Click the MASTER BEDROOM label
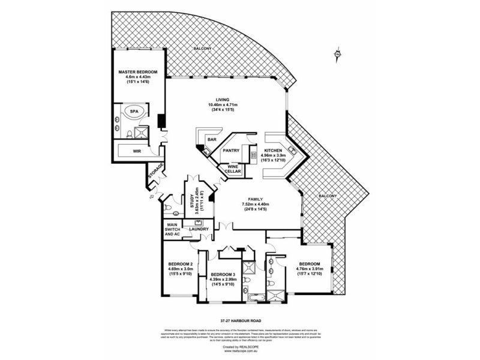point(137,72)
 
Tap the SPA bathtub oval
point(132,112)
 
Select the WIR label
point(137,152)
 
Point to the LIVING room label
point(224,100)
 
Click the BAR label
point(212,140)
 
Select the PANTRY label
point(232,151)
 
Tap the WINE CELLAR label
point(233,169)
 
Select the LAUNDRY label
point(199,229)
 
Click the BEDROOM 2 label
point(180,265)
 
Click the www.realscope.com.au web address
point(240,351)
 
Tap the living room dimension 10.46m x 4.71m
point(224,106)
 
